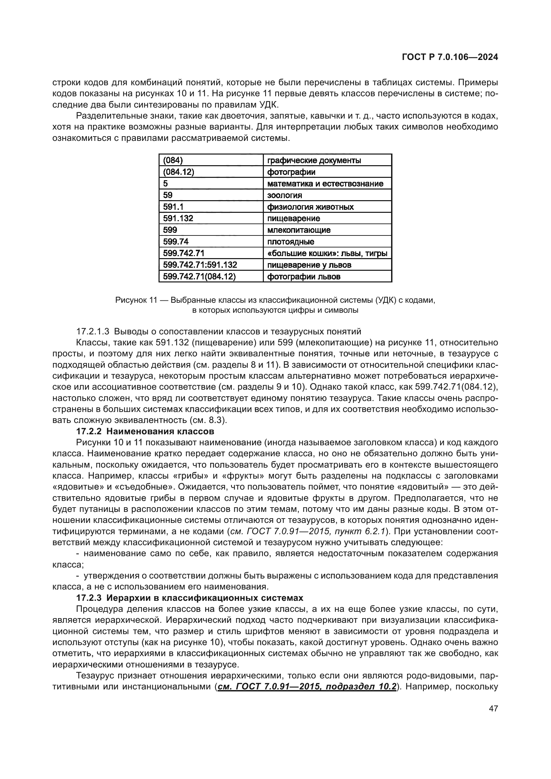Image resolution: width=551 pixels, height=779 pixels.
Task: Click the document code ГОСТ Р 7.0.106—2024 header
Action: click(450, 57)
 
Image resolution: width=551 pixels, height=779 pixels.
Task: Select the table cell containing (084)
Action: click(211, 160)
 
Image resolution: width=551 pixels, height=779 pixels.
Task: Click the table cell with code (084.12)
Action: click(211, 172)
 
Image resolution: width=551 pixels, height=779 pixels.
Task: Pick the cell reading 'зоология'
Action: click(327, 195)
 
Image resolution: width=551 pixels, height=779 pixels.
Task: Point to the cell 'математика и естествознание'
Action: click(327, 184)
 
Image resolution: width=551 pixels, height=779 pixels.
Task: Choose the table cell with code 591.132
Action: click(211, 218)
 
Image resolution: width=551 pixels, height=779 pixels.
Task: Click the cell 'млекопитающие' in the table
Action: click(327, 230)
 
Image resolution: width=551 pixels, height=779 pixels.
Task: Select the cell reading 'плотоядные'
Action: click(327, 241)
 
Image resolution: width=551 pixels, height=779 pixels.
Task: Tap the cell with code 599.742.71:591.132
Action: click(211, 265)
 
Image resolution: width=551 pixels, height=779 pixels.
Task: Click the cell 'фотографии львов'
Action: click(327, 276)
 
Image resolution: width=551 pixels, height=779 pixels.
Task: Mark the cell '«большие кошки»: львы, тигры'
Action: click(327, 253)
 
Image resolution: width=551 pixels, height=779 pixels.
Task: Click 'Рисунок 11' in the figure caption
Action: click(135, 300)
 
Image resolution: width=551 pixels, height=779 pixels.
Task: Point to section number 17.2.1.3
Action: click(93, 331)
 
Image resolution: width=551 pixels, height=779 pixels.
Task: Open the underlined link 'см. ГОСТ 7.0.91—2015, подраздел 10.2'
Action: click(307, 686)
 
